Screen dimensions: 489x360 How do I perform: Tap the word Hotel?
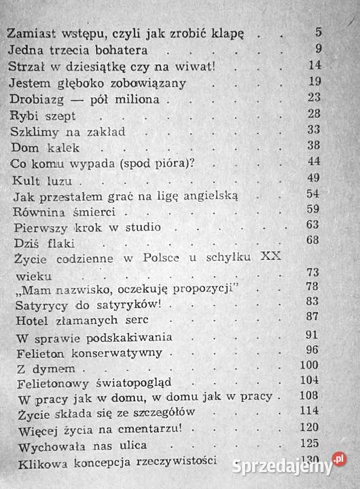point(31,319)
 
